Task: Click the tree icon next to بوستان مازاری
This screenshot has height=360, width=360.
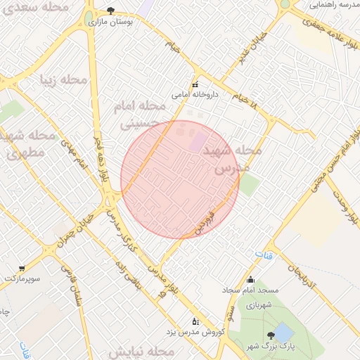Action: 110,10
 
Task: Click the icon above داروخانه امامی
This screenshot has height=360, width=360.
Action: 195,84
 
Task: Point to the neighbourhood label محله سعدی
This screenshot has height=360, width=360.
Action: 46,8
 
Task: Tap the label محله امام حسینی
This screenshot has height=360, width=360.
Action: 139,115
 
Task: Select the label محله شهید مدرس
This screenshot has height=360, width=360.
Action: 231,159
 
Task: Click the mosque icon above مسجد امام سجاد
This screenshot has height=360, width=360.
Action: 251,280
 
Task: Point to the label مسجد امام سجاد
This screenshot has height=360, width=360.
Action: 251,290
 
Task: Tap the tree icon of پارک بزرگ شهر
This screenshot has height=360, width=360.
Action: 271,335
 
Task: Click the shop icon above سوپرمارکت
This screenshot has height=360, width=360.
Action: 22,269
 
